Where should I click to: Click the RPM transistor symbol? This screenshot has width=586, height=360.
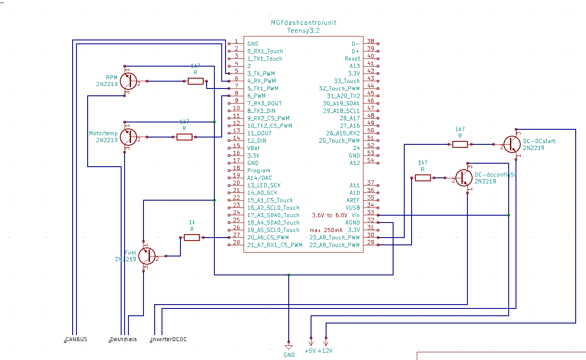[128, 81]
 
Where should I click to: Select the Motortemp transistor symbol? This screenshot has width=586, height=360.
[128, 137]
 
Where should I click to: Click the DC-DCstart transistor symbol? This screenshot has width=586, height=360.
[511, 144]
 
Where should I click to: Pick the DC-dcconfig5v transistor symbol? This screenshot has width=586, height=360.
[464, 178]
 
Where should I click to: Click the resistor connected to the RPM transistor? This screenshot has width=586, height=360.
[195, 81]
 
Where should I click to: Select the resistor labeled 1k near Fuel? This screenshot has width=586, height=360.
[192, 237]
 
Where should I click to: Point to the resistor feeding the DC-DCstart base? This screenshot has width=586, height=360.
[460, 144]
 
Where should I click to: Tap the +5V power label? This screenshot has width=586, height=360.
[310, 351]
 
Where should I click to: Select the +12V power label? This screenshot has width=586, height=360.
[325, 351]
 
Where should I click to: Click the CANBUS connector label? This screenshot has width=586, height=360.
[76, 339]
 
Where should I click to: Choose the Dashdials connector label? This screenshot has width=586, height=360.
[123, 339]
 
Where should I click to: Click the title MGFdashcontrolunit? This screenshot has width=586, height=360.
[303, 23]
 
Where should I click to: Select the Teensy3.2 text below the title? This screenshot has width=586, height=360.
[303, 31]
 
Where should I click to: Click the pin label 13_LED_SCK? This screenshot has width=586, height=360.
[264, 185]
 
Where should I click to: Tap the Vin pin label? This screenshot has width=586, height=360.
[355, 215]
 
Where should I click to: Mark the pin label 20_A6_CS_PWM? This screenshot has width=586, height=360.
[268, 238]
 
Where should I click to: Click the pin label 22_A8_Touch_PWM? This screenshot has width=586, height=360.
[334, 245]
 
